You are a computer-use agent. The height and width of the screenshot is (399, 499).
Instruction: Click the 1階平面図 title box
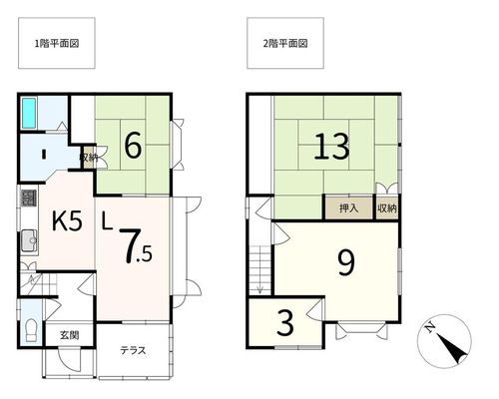pyautogui.click(x=57, y=43)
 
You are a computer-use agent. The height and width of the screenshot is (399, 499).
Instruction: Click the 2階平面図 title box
pyautogui.click(x=285, y=43)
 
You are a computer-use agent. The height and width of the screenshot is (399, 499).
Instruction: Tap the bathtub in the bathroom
pyautogui.click(x=29, y=113)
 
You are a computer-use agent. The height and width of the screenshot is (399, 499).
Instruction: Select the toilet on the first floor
pyautogui.click(x=32, y=330)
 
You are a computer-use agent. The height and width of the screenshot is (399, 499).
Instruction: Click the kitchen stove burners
pyautogui.click(x=29, y=198)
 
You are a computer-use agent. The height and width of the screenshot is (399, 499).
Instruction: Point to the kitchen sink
pyautogui.click(x=30, y=240)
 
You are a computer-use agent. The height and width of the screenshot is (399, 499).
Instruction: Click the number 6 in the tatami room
pyautogui.click(x=133, y=146)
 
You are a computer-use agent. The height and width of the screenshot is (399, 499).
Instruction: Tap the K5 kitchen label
pyautogui.click(x=67, y=221)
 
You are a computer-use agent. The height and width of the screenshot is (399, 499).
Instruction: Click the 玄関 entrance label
pyautogui.click(x=70, y=335)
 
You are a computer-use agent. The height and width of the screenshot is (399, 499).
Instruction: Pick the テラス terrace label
pyautogui.click(x=133, y=350)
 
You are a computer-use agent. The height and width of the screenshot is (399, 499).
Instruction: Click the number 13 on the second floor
pyautogui.click(x=331, y=147)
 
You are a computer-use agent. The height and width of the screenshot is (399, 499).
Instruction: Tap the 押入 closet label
pyautogui.click(x=348, y=208)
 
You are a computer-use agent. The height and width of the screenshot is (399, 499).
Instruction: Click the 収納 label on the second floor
pyautogui.click(x=387, y=208)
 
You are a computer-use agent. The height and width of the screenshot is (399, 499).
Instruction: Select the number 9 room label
pyautogui.click(x=346, y=262)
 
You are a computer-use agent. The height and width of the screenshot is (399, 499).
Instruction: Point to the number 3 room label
pyautogui.click(x=285, y=323)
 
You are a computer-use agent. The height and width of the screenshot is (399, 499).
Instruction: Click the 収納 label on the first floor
pyautogui.click(x=89, y=158)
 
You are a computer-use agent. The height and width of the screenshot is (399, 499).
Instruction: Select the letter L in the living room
pyautogui.click(x=106, y=221)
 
